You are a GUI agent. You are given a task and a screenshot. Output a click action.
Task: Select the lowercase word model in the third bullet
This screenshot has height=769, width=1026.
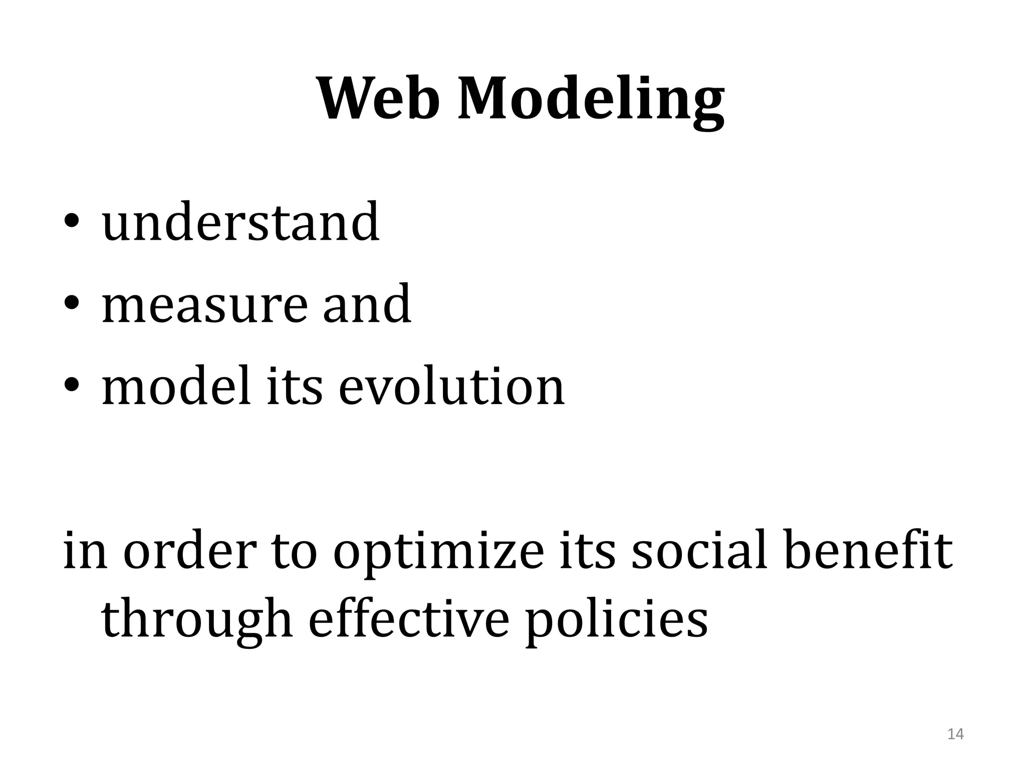click(175, 386)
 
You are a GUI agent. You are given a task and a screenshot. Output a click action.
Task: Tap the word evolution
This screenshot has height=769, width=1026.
click(452, 386)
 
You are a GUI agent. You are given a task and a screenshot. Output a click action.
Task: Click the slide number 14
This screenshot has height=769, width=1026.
click(955, 734)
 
